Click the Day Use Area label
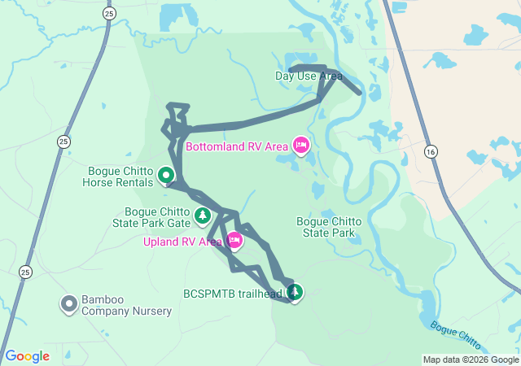pos(309,76)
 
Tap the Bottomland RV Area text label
pos(237,147)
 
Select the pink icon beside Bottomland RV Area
pos(300,146)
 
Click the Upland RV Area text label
pos(183,242)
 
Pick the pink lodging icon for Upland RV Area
pos(234,240)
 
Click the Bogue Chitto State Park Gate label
pos(157,217)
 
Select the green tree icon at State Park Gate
pos(202,216)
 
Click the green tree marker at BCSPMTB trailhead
pos(294,292)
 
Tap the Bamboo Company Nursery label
pos(127,306)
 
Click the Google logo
pos(27,356)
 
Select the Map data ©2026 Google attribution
pos(471,359)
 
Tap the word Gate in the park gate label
pos(178,222)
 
